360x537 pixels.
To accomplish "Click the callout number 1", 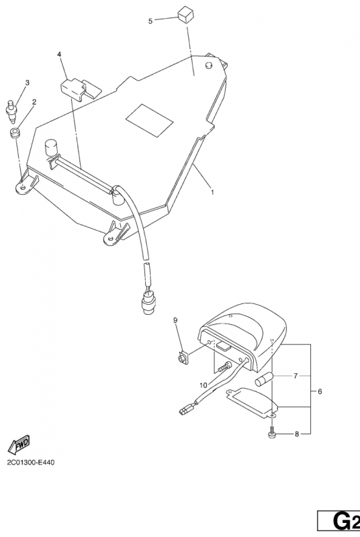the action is pos(212,192).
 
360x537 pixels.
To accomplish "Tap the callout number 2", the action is pos(34,102).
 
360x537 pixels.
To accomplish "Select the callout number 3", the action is pos(28,83).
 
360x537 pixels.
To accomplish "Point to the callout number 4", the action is pos(59,54).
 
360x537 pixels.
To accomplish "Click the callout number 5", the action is pos(150,21).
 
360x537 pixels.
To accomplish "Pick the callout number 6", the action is pos(320,391).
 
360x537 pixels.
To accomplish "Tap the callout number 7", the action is pos(296,376).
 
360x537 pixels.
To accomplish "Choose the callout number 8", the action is pos(297,434).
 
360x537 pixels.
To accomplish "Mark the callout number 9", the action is pos(175,320).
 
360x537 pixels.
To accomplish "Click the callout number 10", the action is pos(204,385).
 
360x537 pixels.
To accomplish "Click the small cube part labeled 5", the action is pos(185,15).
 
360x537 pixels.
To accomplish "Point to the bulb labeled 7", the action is pos(264,379).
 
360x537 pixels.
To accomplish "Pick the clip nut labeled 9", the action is pos(181,358).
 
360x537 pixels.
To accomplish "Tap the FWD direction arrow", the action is pos(19,444).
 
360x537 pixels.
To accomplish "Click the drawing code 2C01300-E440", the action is pos(30,462).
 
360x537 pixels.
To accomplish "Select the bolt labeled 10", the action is pos(224,367).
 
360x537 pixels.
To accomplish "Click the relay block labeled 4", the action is pos(81,89).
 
